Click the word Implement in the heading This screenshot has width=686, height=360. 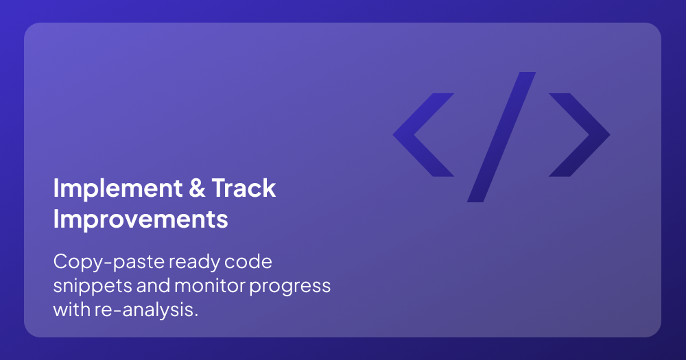tap(118, 189)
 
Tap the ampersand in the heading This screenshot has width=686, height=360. tap(198, 188)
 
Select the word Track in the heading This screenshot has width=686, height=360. tap(244, 188)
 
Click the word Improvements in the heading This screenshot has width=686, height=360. tap(141, 219)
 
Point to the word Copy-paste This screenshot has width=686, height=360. tap(109, 263)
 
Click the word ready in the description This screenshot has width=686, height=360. tap(195, 263)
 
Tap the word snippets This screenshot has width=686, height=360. tap(93, 287)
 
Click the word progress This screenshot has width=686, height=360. tap(290, 287)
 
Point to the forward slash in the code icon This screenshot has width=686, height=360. tap(501, 137)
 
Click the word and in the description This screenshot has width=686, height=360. tap(153, 286)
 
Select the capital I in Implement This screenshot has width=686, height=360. tap(56, 188)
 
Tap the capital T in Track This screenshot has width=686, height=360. tap(220, 188)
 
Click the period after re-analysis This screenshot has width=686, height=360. tap(196, 315)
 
